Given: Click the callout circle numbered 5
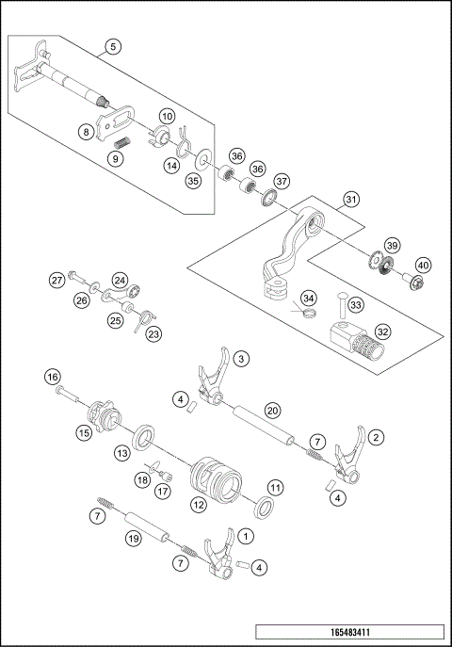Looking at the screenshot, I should (x=113, y=46).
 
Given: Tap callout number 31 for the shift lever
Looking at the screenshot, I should (x=350, y=200).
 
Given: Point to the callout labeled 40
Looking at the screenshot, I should (x=423, y=265).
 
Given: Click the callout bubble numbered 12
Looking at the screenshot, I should (x=199, y=506).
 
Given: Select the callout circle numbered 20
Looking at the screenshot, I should (x=271, y=410).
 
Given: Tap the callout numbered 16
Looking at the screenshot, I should (x=53, y=376).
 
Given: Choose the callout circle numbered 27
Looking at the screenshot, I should (x=57, y=280).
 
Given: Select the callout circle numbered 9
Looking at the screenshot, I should (x=115, y=159).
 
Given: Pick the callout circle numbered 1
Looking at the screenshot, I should (x=247, y=535).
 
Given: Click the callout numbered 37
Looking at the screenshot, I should (x=282, y=180).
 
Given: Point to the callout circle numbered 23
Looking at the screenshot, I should (x=153, y=332).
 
